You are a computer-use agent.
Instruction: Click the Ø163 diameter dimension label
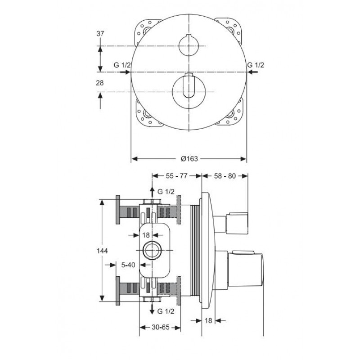coord(189,159)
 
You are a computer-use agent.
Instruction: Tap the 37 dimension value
coord(100,34)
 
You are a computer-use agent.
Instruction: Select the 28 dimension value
coord(100,83)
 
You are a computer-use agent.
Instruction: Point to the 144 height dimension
coord(102,251)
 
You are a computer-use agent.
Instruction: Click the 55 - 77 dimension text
coord(176,176)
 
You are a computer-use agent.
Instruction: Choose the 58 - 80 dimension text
coord(225,176)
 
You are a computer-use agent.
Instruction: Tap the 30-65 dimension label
coord(161,327)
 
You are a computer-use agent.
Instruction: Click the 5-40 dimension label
coord(128,265)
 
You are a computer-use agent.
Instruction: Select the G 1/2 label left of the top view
coord(122,65)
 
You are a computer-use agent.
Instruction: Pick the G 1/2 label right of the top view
coord(256,65)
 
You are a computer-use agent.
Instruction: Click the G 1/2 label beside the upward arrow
coord(166,192)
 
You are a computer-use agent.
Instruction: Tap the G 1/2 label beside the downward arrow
coord(166,311)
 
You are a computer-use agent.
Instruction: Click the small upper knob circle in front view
coord(189,45)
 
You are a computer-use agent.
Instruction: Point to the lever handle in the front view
coord(189,85)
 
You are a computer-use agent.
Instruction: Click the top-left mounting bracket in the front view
coord(147,30)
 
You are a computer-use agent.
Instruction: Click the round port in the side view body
coord(152,250)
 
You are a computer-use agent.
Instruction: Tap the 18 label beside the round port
coord(146,235)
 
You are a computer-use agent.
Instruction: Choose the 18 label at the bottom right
coord(208,320)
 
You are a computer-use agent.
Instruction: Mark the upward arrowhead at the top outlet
coord(152,189)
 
